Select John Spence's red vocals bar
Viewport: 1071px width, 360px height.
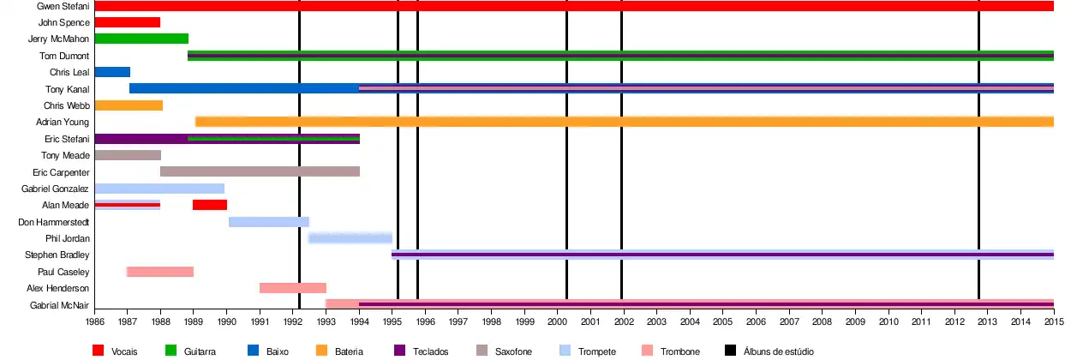click(127, 22)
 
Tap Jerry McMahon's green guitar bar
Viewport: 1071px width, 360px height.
click(141, 39)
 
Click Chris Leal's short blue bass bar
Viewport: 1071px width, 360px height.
click(112, 72)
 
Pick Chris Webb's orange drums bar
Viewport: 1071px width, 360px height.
click(129, 105)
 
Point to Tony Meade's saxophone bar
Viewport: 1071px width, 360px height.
click(128, 155)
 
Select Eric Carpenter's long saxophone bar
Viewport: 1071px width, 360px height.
click(260, 171)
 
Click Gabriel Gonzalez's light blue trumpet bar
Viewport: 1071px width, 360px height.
click(159, 189)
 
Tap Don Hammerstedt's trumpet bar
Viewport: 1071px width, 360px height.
click(269, 222)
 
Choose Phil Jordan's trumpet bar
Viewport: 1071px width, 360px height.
click(350, 238)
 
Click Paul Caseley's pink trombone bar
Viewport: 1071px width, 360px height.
click(160, 272)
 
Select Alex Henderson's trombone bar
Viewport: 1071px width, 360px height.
click(293, 288)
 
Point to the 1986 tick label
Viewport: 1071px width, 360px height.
click(94, 322)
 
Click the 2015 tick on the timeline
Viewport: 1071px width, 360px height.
click(1053, 322)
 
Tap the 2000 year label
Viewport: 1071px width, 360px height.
click(558, 322)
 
